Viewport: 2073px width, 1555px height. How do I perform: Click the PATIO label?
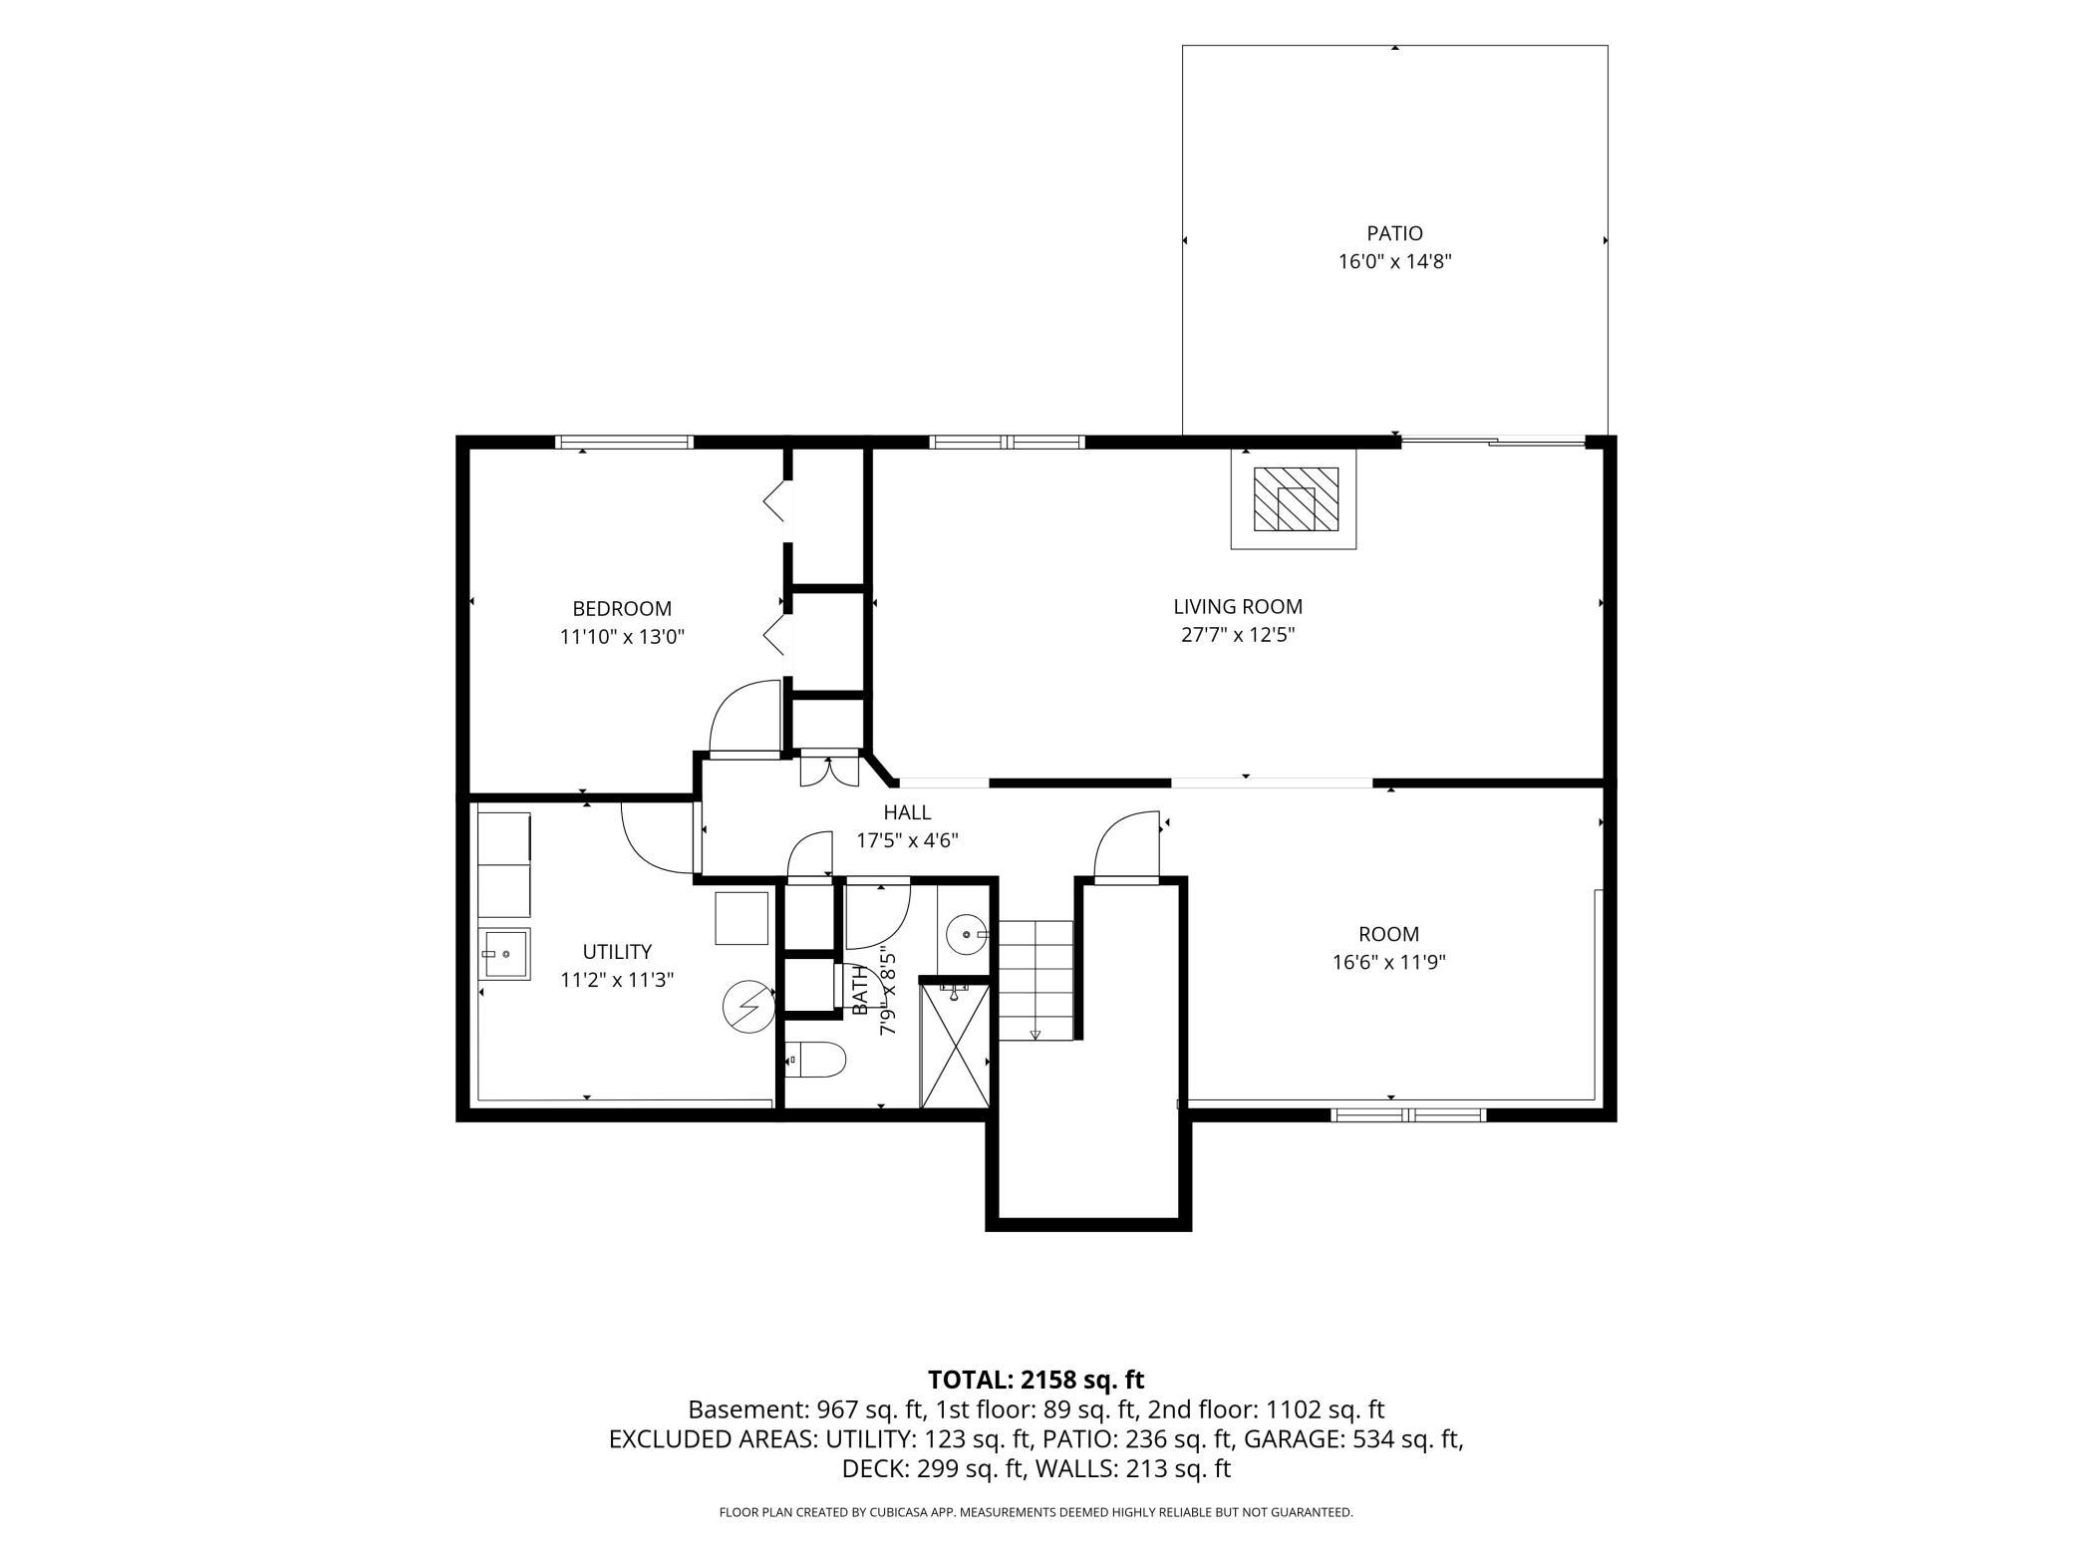coord(1394,233)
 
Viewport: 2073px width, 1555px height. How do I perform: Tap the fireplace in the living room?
coord(1295,498)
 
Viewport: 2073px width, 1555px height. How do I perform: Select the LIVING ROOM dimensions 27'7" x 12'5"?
coord(1238,635)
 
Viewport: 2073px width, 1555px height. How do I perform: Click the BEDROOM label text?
coord(622,608)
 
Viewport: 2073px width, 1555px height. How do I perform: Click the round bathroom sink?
coord(966,935)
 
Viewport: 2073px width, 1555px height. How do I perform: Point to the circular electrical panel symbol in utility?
coord(748,1007)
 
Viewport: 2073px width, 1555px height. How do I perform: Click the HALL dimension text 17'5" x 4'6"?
coord(908,840)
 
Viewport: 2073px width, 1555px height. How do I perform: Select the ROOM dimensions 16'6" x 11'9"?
coord(1389,963)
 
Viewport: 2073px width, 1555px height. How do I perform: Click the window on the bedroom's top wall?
coord(624,442)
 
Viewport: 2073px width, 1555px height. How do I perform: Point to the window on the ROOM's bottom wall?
coord(1408,1114)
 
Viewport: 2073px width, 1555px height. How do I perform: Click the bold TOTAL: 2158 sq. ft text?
coord(1036,1380)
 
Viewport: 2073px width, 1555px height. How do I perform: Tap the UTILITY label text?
coord(618,952)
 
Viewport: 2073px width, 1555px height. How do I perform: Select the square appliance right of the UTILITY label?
coord(741,918)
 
